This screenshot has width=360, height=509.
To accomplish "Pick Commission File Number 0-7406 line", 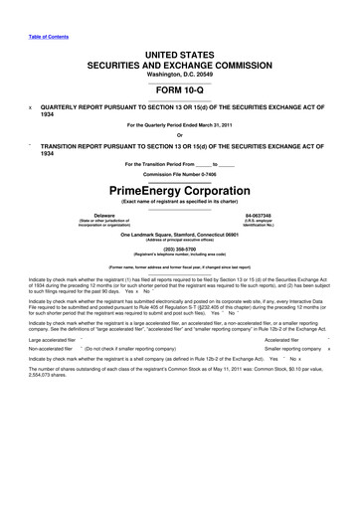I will (x=179, y=172).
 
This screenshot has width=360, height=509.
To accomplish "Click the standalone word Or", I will (x=179, y=136).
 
